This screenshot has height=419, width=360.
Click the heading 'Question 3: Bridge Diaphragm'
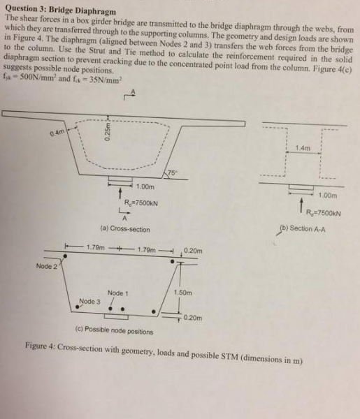(x=61, y=10)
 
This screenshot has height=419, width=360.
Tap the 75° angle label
(x=173, y=172)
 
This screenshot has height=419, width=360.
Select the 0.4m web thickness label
(x=57, y=133)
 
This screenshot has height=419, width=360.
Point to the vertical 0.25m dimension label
(x=107, y=131)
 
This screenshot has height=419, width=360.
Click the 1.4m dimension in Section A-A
(x=303, y=148)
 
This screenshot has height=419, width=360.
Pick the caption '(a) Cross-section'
(x=125, y=229)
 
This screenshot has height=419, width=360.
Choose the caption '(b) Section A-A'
(x=302, y=229)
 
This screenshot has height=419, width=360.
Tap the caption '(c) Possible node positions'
(x=114, y=330)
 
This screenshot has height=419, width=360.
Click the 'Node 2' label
(x=47, y=266)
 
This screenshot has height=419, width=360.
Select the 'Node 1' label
(x=117, y=293)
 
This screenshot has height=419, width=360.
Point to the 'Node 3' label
(x=89, y=302)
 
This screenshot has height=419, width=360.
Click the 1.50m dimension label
(x=182, y=293)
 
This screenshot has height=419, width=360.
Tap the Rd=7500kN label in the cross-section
(x=141, y=203)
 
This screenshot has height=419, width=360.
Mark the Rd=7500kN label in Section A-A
(x=324, y=213)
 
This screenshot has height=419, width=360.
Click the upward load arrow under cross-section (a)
(x=120, y=193)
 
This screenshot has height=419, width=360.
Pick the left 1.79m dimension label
(x=96, y=247)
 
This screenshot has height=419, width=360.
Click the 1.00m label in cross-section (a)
(x=145, y=186)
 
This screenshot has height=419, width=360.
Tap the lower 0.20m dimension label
(x=192, y=318)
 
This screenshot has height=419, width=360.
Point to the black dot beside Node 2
(x=65, y=256)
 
